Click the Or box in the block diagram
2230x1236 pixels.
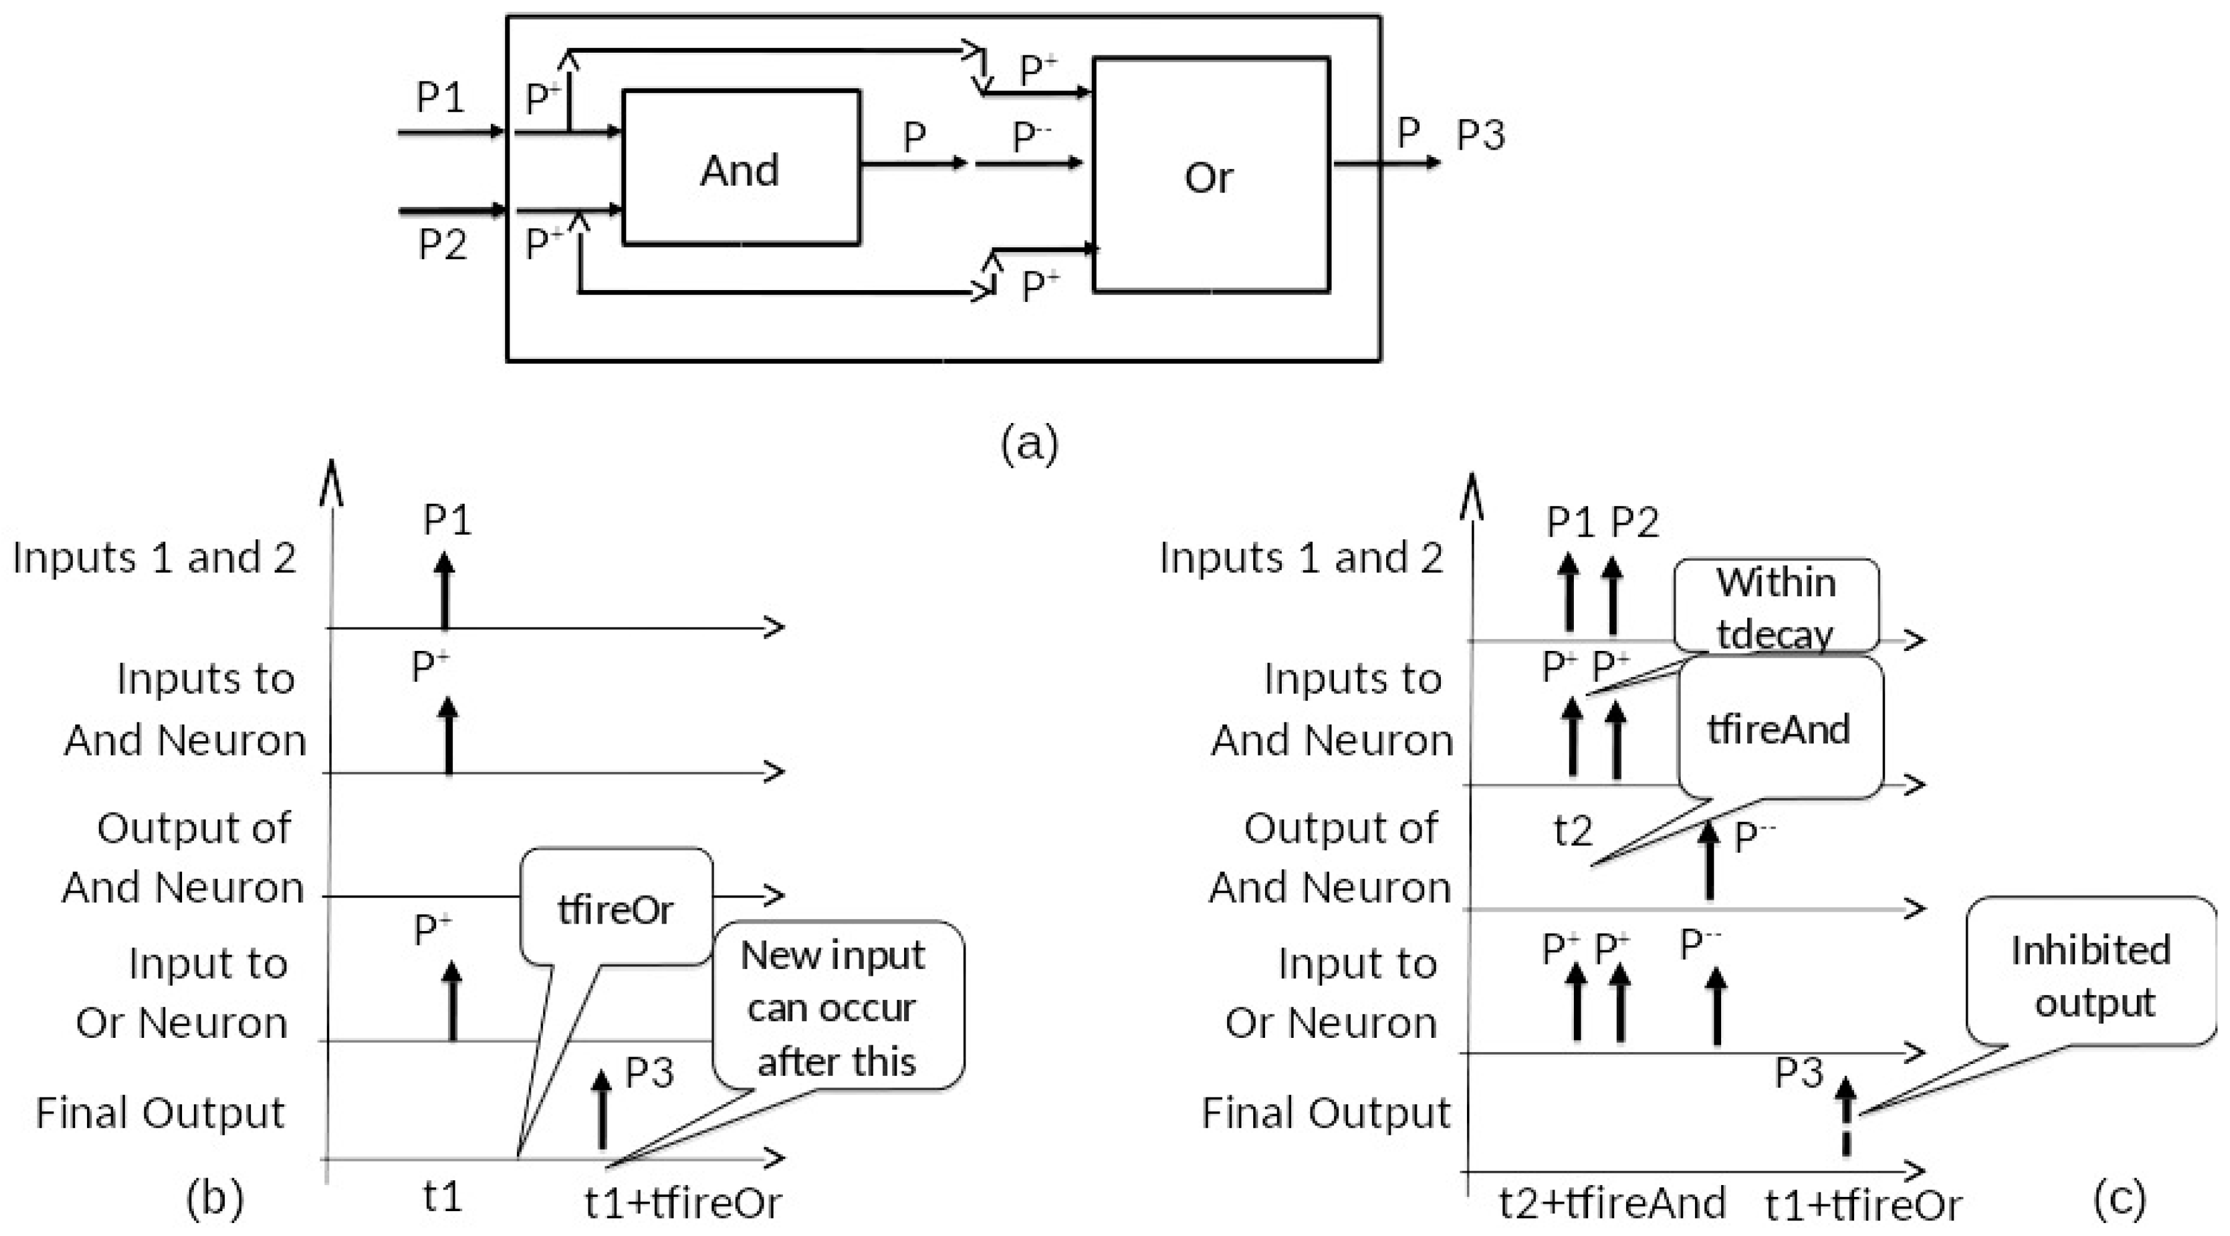[x=1210, y=176]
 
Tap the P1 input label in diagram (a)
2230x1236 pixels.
[x=441, y=97]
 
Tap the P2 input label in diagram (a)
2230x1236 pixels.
[x=442, y=244]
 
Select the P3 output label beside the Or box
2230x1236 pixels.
[x=1480, y=135]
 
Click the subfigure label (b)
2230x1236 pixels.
[x=215, y=1198]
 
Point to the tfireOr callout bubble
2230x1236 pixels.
[x=616, y=907]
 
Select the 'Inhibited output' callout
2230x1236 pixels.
[x=2091, y=974]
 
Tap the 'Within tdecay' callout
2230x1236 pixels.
[x=1776, y=606]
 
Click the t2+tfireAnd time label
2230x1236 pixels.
[x=1612, y=1203]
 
